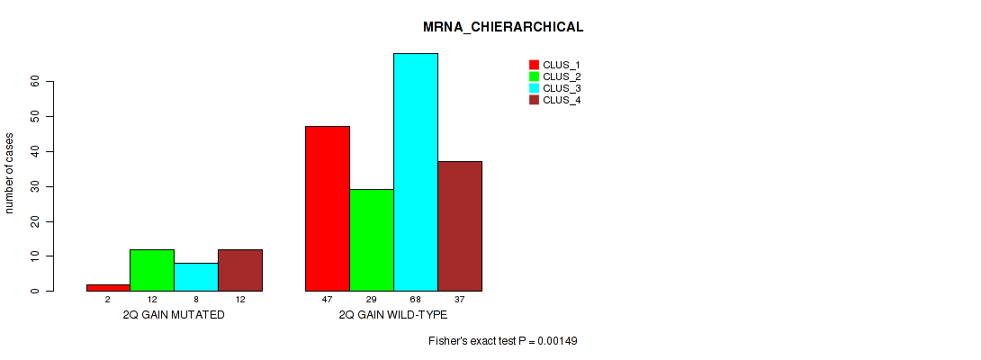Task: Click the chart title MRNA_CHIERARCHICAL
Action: (503, 27)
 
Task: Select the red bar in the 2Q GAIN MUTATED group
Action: (108, 287)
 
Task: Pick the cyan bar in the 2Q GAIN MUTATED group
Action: (196, 277)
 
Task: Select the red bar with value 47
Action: (328, 209)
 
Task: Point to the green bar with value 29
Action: (372, 240)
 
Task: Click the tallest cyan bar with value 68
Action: (416, 172)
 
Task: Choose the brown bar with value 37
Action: (460, 226)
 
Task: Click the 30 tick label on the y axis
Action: (36, 186)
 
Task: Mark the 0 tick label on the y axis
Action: (36, 291)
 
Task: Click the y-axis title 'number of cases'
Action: (10, 173)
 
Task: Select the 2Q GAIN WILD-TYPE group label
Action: (393, 316)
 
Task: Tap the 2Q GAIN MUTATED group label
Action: (174, 316)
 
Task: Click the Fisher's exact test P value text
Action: (508, 341)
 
